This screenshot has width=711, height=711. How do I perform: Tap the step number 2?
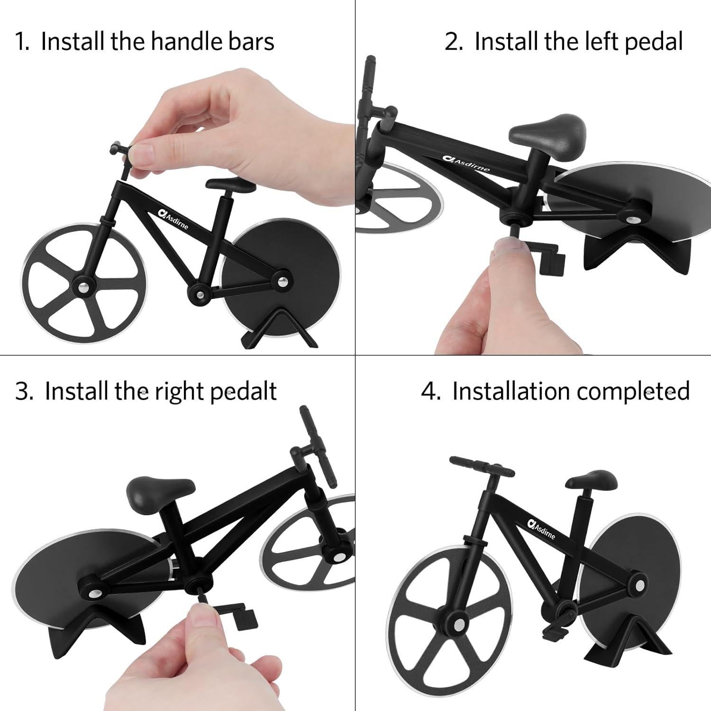click(x=454, y=41)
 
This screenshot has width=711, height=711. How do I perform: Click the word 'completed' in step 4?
click(x=633, y=392)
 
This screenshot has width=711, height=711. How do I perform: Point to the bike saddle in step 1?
click(x=230, y=185)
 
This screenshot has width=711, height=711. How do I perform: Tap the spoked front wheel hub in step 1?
click(x=84, y=286)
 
